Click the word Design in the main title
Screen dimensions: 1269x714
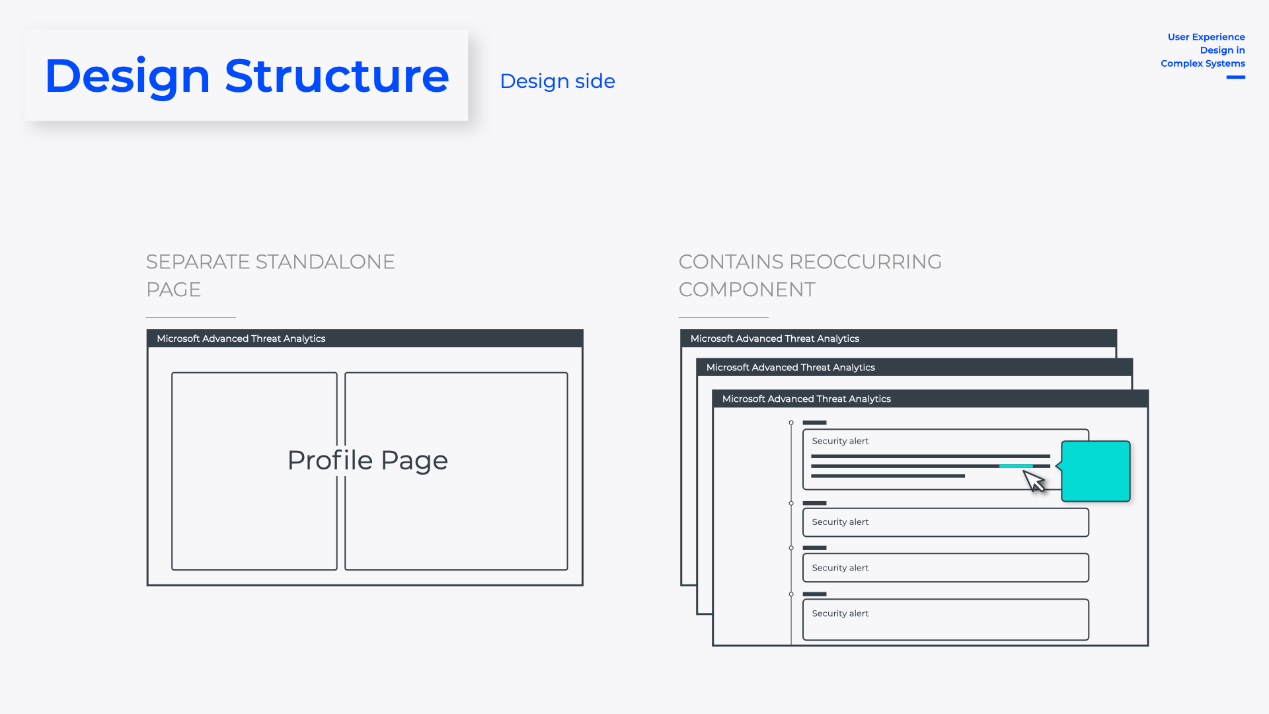[127, 76]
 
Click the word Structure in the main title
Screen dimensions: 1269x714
[336, 76]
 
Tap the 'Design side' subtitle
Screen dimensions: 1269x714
[557, 81]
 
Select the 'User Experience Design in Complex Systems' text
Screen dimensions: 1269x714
[1204, 50]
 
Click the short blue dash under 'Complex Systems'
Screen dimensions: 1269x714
[1235, 77]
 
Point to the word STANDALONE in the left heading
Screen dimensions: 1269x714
[325, 262]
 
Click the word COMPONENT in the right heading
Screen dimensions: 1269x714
[747, 290]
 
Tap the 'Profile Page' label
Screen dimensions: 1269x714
[367, 460]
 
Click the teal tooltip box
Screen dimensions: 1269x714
[1096, 471]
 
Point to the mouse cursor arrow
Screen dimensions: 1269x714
[1034, 481]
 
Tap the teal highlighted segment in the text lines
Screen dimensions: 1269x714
[1016, 466]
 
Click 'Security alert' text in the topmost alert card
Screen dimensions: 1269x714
[840, 441]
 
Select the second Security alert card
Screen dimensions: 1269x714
[945, 522]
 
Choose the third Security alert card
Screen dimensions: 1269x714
[945, 568]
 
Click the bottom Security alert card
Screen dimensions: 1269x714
[945, 619]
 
